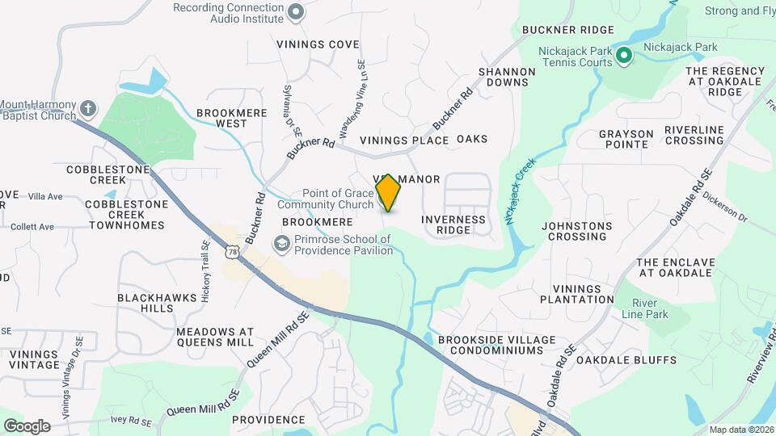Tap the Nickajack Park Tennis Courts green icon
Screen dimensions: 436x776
[623, 56]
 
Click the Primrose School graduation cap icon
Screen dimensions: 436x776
[281, 243]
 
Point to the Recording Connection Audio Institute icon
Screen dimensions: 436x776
[296, 11]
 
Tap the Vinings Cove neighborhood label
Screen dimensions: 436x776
[318, 44]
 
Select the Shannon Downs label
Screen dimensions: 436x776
[507, 77]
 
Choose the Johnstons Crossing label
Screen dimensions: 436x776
[577, 231]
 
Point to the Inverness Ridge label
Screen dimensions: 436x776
[453, 224]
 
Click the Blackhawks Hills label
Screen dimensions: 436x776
[157, 303]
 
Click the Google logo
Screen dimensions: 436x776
[27, 426]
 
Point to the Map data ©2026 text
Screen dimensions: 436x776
[742, 430]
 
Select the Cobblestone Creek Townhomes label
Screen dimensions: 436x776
[126, 215]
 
